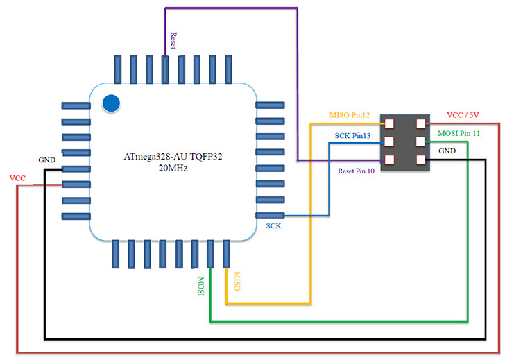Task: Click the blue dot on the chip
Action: (x=112, y=104)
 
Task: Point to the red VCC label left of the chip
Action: (x=17, y=178)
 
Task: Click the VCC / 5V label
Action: (x=461, y=114)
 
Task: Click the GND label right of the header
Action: (x=447, y=150)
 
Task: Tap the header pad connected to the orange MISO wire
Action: (x=389, y=124)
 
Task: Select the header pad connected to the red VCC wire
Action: (x=420, y=124)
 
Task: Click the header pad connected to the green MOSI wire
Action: (x=420, y=142)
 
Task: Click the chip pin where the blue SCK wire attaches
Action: (x=271, y=216)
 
